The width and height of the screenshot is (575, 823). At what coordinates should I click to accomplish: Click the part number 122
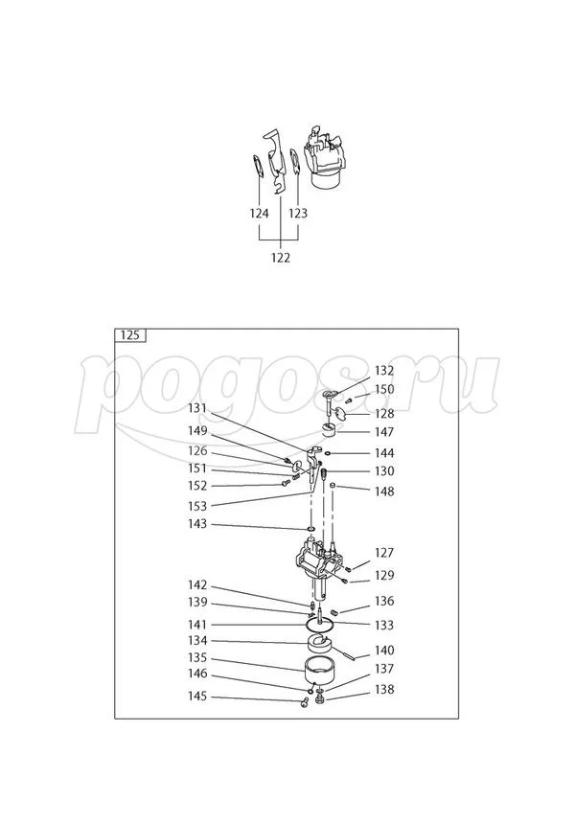(280, 258)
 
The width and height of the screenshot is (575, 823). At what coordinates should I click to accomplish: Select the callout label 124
(259, 214)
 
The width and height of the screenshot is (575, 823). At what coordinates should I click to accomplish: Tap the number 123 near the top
(298, 214)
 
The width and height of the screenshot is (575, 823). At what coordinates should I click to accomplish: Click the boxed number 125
(130, 335)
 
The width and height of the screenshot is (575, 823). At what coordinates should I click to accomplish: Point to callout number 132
(383, 370)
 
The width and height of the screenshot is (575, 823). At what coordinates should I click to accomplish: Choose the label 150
(383, 389)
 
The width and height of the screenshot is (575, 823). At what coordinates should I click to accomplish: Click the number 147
(383, 433)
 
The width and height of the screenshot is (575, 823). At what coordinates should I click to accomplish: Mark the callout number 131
(196, 408)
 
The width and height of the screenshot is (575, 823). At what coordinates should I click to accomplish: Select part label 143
(196, 524)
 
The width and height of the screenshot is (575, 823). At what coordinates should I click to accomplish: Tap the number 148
(383, 492)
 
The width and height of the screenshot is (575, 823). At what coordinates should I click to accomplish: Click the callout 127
(383, 553)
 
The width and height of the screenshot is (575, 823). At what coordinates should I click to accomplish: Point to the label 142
(196, 584)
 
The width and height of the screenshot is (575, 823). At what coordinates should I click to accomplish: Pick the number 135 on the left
(196, 659)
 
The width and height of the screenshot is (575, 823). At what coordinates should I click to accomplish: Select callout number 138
(383, 690)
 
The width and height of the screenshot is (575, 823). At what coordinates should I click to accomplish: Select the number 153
(196, 505)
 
